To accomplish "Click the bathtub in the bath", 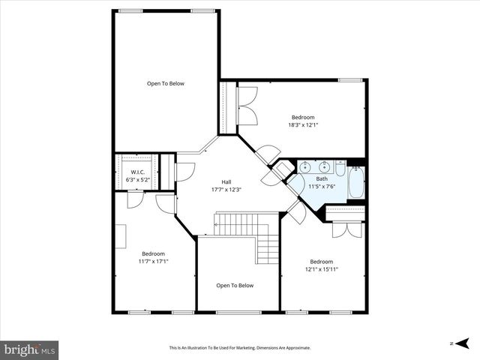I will click(x=356, y=184).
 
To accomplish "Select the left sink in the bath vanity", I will click(x=305, y=167).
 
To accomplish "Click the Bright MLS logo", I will click(x=30, y=349).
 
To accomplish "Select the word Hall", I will click(x=226, y=181).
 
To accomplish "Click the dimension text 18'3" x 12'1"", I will click(x=302, y=124).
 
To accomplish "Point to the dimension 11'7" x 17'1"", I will click(x=153, y=261).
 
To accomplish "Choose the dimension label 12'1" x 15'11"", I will click(x=321, y=269).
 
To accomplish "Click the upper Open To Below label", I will click(x=165, y=83).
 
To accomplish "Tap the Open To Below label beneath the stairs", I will click(x=235, y=285).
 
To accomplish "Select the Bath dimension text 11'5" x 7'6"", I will click(x=321, y=187).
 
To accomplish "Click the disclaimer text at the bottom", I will click(x=239, y=348).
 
